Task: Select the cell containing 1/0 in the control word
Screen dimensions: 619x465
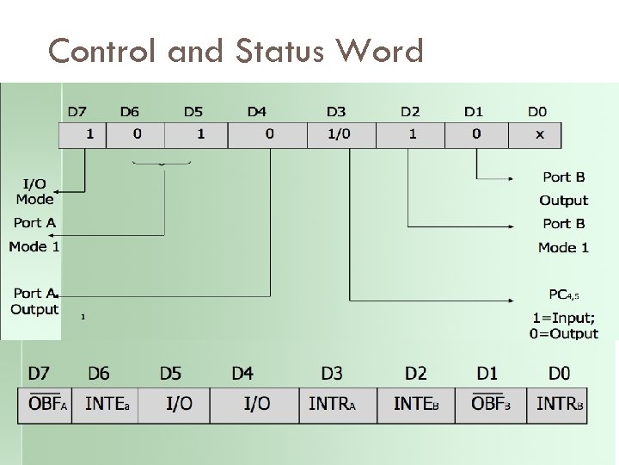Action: pos(338,134)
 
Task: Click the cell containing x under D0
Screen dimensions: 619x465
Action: pos(539,134)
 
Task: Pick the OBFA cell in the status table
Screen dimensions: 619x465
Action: pos(48,404)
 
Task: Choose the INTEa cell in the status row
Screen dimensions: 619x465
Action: pos(107,404)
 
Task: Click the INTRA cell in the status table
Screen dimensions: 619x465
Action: pos(331,404)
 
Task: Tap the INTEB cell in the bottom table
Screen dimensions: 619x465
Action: pos(416,404)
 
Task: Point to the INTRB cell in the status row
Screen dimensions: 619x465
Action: pos(560,404)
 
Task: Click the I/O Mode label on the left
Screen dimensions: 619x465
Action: pos(34,191)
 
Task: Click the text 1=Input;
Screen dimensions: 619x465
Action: pos(563,317)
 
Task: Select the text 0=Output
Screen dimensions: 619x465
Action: pos(563,333)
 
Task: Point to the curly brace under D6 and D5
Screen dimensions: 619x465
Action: pos(162,164)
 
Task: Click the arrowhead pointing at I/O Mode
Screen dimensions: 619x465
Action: pos(65,190)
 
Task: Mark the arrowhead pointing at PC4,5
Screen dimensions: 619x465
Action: pos(514,301)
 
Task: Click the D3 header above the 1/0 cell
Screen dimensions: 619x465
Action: pos(336,112)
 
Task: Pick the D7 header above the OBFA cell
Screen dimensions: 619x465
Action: pos(39,374)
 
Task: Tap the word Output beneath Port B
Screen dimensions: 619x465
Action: pos(563,201)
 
